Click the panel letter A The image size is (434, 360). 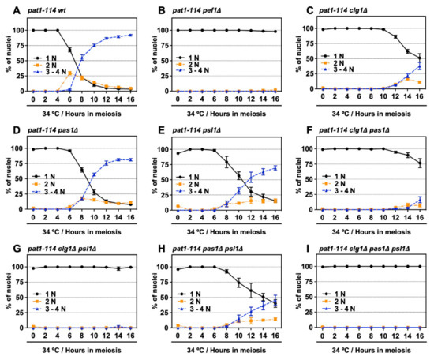(x=17, y=10)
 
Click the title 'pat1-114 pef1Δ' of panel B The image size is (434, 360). (x=196, y=11)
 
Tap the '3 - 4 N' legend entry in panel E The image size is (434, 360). (x=194, y=191)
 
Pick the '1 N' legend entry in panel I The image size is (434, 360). (x=334, y=294)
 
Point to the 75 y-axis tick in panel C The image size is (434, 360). (x=309, y=43)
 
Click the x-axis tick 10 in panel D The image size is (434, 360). (x=94, y=217)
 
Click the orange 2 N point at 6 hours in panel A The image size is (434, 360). (x=69, y=73)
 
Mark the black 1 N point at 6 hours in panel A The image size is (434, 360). (x=69, y=50)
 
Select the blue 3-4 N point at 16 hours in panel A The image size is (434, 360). (x=131, y=36)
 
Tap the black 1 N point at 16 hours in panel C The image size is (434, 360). (x=420, y=58)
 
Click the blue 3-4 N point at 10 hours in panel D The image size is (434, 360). (x=94, y=174)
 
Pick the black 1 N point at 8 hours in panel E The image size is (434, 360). (x=226, y=163)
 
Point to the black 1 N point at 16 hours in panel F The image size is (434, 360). (x=420, y=163)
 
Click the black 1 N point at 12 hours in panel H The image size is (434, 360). (x=251, y=291)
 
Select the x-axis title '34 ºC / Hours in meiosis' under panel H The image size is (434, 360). (x=226, y=351)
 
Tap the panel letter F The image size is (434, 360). (x=309, y=130)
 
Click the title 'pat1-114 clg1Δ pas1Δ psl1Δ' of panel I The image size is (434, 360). (x=365, y=249)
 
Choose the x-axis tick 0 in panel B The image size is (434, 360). (x=178, y=99)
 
